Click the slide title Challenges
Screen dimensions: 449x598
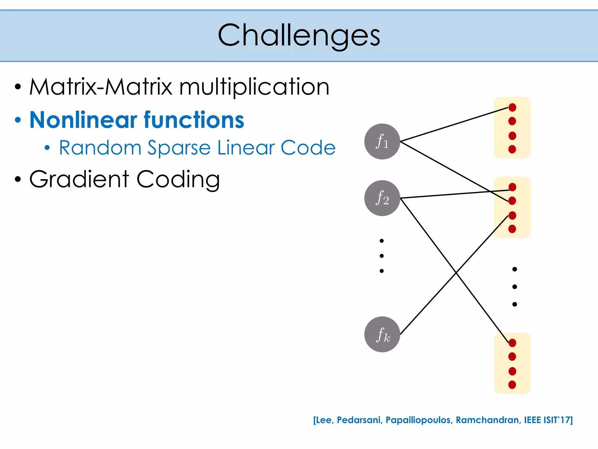point(299,35)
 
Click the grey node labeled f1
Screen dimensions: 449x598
point(382,141)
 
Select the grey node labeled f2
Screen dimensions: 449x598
point(382,198)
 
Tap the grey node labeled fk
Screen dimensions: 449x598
point(382,334)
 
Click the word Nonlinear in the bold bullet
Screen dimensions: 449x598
point(84,120)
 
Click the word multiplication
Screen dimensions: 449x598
point(254,87)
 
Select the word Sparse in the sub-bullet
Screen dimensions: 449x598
point(179,148)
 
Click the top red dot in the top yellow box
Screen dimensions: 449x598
point(512,107)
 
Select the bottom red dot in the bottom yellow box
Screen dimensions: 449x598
point(512,385)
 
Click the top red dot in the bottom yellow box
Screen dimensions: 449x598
point(512,343)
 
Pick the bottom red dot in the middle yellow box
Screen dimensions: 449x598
point(512,229)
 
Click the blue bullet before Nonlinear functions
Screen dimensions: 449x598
point(18,120)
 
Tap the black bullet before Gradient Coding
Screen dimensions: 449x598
point(18,179)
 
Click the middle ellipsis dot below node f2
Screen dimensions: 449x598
point(382,256)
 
